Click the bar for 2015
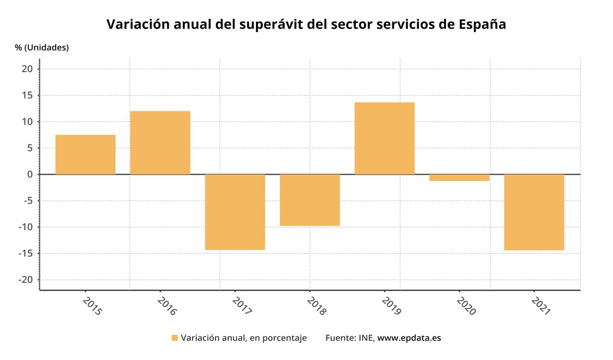[x=85, y=154]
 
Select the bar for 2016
[x=160, y=142]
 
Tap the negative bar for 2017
[x=235, y=212]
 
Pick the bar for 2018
[x=310, y=200]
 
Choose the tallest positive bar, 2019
[x=385, y=138]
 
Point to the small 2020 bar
[x=459, y=178]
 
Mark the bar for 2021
[x=534, y=212]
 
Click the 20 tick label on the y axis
[x=28, y=69]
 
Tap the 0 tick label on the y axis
[x=30, y=174]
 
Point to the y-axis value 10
[x=28, y=122]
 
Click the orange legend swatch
[x=174, y=338]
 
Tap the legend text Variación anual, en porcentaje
[x=244, y=338]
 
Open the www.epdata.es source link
[x=409, y=338]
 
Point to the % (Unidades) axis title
[x=42, y=47]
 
